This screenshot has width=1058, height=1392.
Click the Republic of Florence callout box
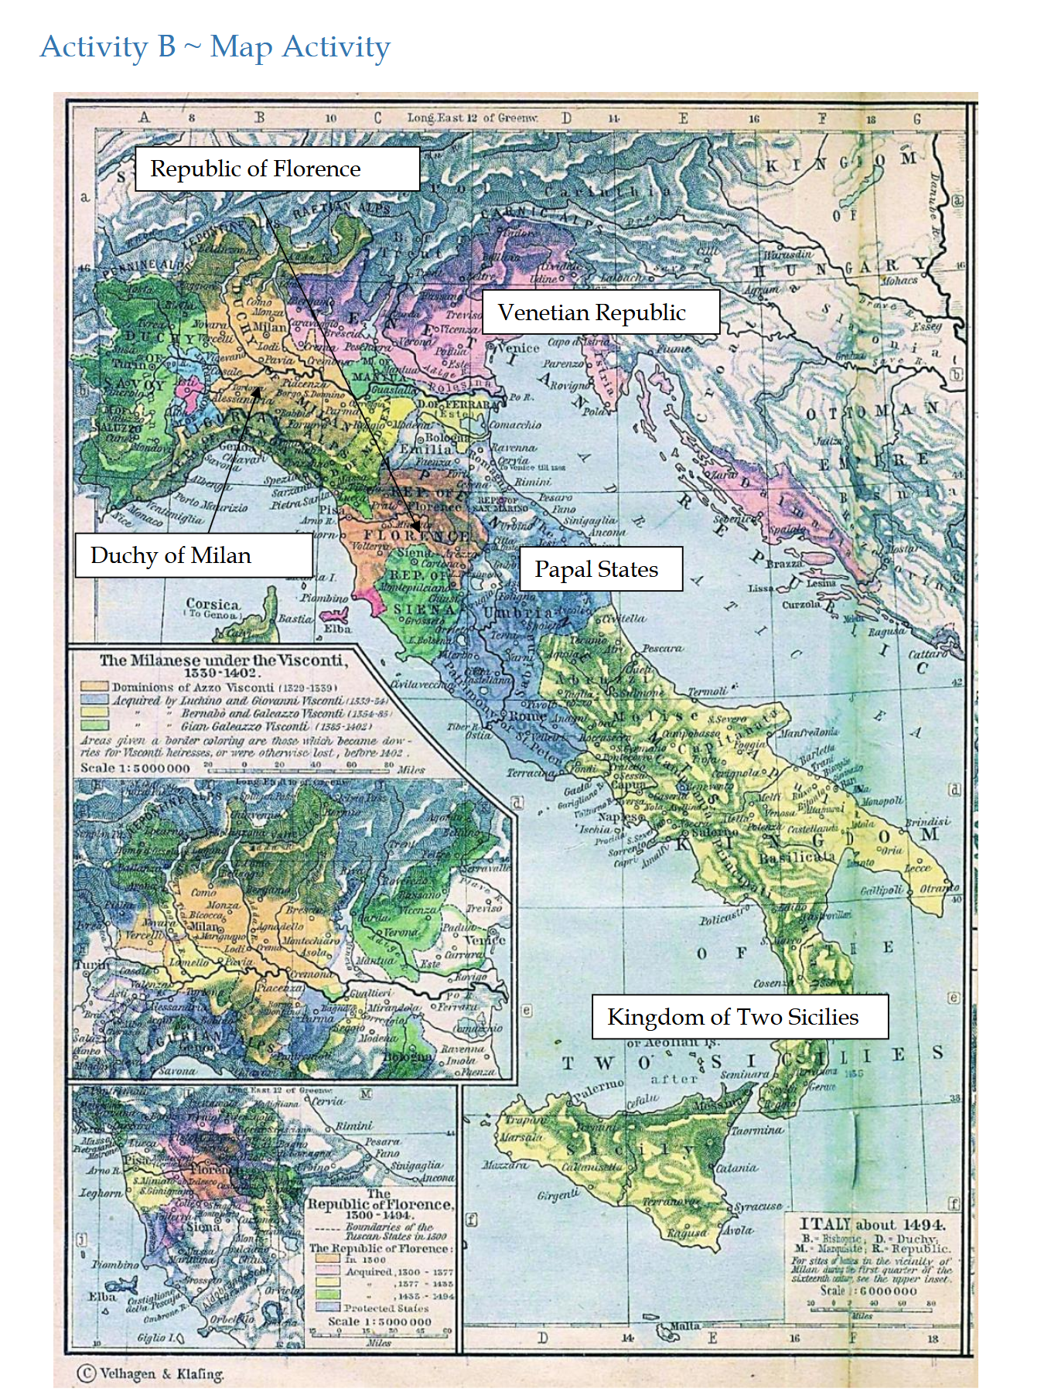point(277,169)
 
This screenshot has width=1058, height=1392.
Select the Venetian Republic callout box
point(600,312)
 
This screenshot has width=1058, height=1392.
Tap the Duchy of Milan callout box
point(193,555)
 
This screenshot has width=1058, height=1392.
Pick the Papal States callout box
point(600,569)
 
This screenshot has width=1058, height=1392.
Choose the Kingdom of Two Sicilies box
point(739,1016)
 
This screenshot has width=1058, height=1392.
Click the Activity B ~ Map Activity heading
point(215,46)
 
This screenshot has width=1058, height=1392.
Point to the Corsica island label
point(213,604)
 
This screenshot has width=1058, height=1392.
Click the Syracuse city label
point(758,1206)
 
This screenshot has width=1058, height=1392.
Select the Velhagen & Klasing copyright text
point(152,1373)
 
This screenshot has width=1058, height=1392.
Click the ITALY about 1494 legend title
point(872,1224)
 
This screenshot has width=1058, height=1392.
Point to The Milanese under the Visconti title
point(223,660)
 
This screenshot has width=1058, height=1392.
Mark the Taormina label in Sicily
point(757,1130)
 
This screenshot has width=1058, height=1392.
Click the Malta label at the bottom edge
point(685,1326)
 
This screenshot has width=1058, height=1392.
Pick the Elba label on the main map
point(337,629)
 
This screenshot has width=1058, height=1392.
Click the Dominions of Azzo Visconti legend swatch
point(95,686)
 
